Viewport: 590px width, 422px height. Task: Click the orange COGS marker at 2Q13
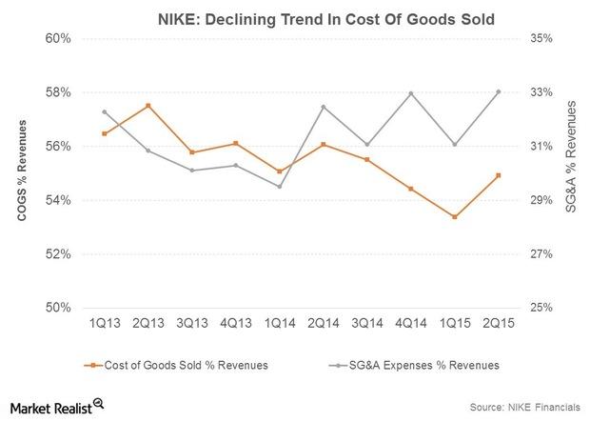point(147,105)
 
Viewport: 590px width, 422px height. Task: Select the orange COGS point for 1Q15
point(455,217)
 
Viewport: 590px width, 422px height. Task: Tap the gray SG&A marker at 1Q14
point(279,187)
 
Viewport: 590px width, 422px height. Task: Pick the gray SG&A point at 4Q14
point(411,93)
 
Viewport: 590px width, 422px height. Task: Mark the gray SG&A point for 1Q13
point(104,111)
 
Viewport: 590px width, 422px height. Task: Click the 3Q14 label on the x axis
point(367,325)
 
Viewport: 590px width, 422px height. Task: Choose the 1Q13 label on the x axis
point(104,325)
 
